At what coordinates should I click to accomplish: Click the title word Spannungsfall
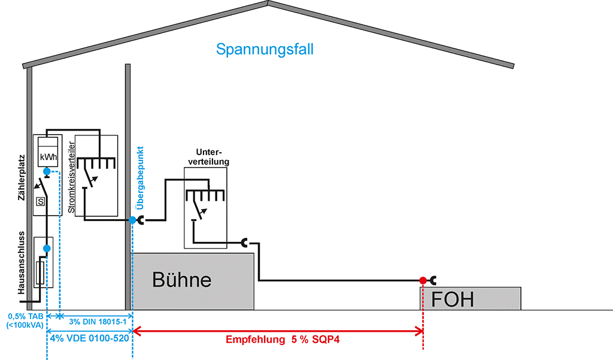pyautogui.click(x=265, y=49)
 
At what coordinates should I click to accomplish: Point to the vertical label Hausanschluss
pyautogui.click(x=21, y=262)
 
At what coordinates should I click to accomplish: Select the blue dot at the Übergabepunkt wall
pyautogui.click(x=132, y=220)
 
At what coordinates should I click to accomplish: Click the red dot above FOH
pyautogui.click(x=423, y=280)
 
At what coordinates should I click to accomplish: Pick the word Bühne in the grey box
pyautogui.click(x=181, y=280)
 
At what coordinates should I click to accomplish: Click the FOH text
pyautogui.click(x=453, y=298)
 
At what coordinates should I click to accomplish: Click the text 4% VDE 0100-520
pyautogui.click(x=89, y=338)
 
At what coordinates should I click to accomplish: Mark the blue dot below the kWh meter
pyautogui.click(x=47, y=171)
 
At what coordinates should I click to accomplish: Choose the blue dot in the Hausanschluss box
pyautogui.click(x=47, y=248)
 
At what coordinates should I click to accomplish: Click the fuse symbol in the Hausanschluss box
pyautogui.click(x=40, y=273)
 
